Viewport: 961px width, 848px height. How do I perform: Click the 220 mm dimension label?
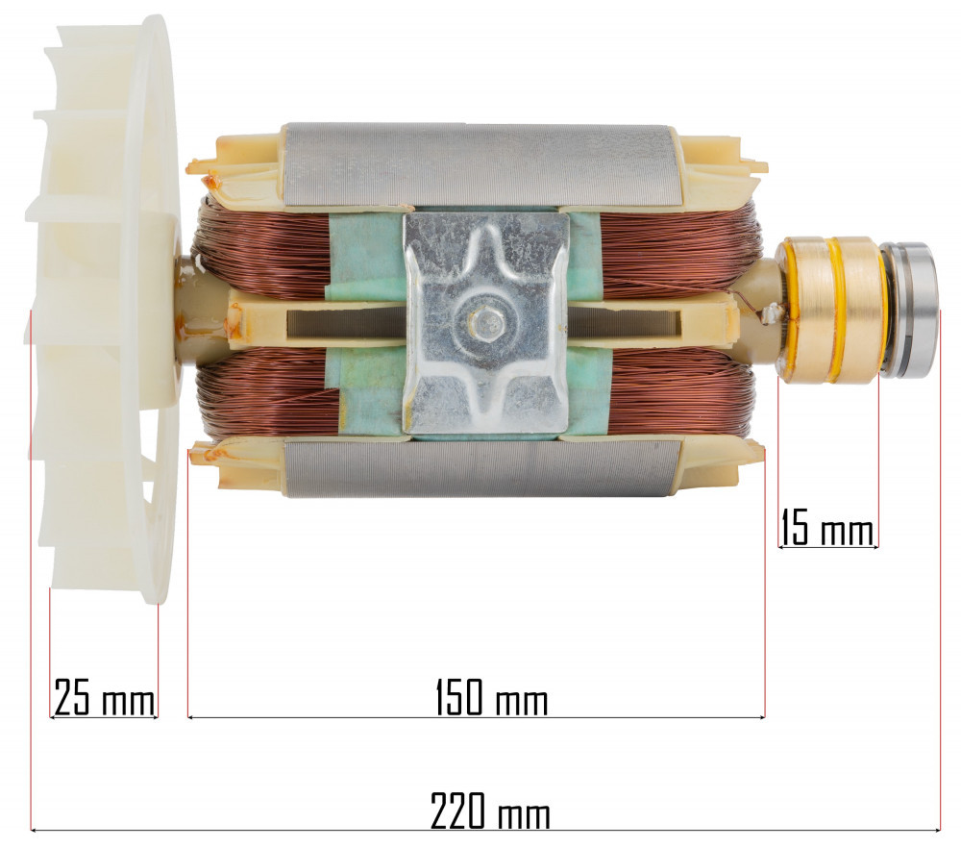tap(490, 812)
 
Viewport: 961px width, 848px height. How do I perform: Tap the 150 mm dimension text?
tap(491, 698)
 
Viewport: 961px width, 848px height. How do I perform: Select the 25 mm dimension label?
tap(103, 698)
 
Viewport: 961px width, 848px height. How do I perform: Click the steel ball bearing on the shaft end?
tap(914, 310)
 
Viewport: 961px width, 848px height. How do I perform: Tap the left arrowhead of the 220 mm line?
tap(36, 829)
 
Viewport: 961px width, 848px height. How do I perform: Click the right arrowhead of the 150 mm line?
tap(761, 716)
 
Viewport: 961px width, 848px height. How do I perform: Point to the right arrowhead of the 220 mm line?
tap(936, 829)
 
